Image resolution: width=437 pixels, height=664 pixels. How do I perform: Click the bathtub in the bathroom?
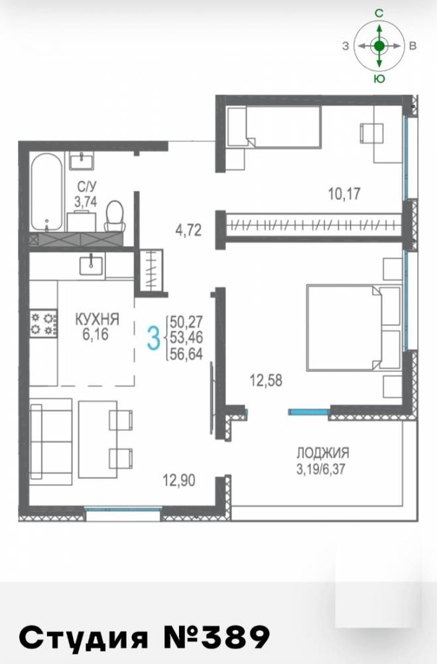tap(47, 192)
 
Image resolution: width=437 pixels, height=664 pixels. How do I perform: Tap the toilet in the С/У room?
tap(114, 216)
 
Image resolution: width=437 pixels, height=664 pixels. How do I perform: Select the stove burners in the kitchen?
tap(43, 323)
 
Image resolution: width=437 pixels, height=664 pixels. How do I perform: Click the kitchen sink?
tap(91, 265)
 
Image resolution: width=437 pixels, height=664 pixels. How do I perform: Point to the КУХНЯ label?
tap(97, 319)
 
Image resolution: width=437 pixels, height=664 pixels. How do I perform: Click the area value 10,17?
tap(344, 194)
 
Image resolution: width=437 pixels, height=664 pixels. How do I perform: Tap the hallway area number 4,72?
tap(189, 230)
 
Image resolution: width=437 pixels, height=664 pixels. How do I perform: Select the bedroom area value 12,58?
tap(266, 380)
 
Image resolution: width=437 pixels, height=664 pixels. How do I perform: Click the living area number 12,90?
tap(179, 480)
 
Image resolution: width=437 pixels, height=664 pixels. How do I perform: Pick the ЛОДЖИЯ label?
tap(323, 453)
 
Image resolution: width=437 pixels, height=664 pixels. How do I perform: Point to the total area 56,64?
tap(186, 353)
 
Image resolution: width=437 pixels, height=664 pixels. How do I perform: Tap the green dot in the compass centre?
tap(379, 46)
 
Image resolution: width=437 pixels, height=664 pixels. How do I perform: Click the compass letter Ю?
tap(379, 79)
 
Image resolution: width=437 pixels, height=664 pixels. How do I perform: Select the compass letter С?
tap(379, 13)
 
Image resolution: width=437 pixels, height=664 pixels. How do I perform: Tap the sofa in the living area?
tap(51, 442)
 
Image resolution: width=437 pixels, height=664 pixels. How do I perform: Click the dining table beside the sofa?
tap(97, 439)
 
